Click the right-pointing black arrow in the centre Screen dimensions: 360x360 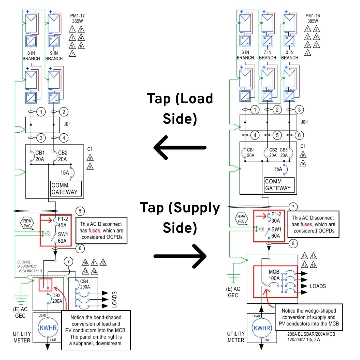(180, 256)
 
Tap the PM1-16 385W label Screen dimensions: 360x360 (312, 18)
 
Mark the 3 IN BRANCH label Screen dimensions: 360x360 (290, 55)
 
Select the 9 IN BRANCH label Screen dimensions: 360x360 (54, 55)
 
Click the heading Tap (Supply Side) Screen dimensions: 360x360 (180, 218)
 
